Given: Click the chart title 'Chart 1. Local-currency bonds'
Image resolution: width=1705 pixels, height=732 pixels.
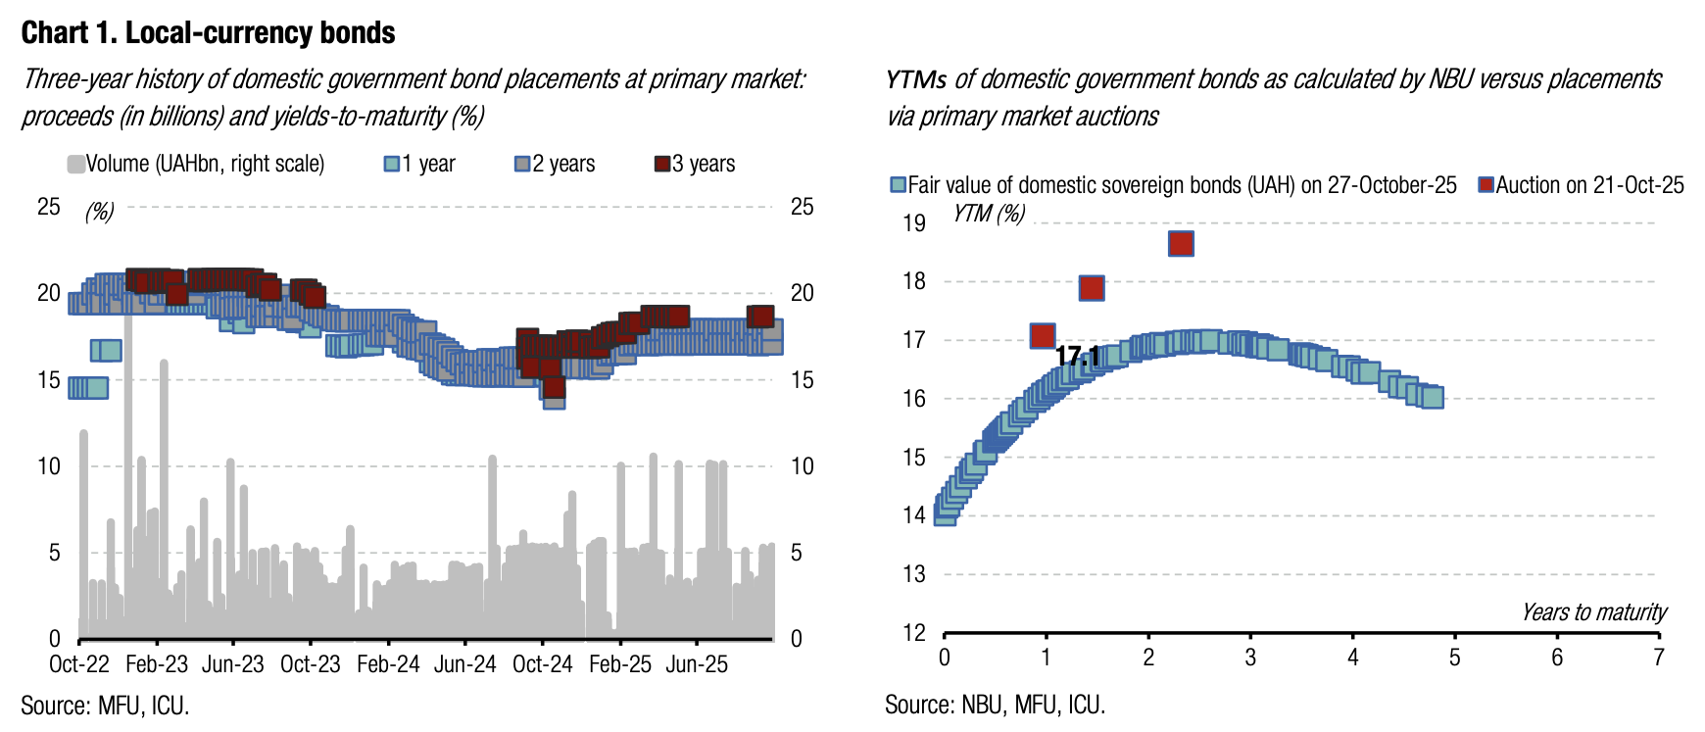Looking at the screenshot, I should click(208, 33).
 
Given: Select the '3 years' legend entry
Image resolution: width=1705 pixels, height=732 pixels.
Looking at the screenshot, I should click(695, 164).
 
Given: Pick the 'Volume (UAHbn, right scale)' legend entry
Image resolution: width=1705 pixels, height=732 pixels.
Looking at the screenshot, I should click(196, 164).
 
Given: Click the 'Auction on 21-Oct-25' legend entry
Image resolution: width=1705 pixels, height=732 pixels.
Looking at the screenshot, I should click(1582, 185).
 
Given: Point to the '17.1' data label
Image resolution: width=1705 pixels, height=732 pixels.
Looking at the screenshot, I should click(1077, 357).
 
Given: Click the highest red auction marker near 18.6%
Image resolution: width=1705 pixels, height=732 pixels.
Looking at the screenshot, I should click(1181, 244).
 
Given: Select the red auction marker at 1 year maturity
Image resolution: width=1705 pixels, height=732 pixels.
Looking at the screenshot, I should click(1043, 336).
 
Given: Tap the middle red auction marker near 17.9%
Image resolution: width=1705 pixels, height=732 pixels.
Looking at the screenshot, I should click(1092, 288).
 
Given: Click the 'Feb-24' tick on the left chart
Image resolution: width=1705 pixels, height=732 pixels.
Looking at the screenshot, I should click(388, 664).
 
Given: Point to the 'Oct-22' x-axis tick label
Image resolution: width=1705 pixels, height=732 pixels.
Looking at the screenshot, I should click(79, 664).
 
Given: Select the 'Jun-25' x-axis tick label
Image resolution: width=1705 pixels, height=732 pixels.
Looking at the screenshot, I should click(697, 664).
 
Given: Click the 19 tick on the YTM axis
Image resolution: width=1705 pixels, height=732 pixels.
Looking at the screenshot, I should click(913, 223).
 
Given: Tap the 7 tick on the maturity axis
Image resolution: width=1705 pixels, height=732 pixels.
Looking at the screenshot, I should click(1658, 658).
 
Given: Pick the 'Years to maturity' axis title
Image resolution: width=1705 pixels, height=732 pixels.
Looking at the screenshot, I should click(1593, 612).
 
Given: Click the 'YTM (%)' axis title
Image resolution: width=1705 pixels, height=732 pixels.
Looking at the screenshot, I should click(989, 213).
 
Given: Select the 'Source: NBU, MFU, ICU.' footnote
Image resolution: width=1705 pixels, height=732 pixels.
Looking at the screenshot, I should click(995, 705).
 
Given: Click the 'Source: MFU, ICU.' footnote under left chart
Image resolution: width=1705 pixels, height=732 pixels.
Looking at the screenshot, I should click(105, 706).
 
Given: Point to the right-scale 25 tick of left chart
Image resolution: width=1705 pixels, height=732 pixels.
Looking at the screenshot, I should click(802, 207).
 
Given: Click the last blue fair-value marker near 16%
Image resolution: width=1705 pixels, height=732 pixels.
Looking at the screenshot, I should click(1432, 397).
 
